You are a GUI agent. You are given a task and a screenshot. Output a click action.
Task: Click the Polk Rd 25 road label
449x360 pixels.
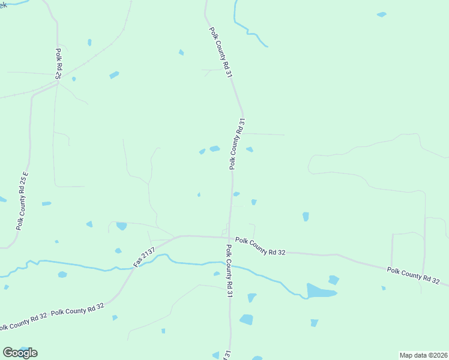[58, 64]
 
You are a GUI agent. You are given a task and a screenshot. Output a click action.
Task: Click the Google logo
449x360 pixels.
[20, 352]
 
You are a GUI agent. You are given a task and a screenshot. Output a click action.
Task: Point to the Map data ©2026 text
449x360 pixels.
[423, 355]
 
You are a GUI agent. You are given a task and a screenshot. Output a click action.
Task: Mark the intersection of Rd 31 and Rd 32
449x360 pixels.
[231, 237]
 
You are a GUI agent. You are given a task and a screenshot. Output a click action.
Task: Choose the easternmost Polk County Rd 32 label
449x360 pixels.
[413, 276]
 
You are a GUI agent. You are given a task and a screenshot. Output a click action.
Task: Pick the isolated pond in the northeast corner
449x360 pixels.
[381, 14]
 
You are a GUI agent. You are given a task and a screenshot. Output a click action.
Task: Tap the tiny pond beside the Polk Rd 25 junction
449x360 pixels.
[74, 79]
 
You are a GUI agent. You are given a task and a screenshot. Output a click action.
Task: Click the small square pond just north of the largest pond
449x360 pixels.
[334, 280]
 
